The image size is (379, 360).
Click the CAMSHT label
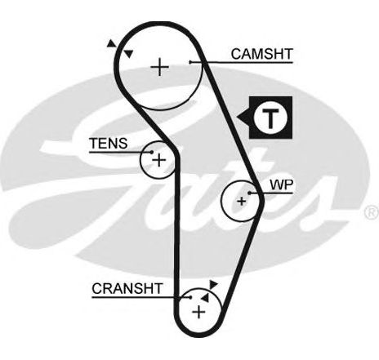[x=262, y=54]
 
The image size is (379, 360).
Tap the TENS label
[x=109, y=143]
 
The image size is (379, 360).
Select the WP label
[x=281, y=185]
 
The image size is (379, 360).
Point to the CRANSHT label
[x=127, y=289]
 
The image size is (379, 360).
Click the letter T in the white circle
[x=270, y=118]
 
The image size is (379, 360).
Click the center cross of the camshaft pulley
[x=159, y=67]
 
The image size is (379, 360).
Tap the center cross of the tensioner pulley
[x=159, y=160]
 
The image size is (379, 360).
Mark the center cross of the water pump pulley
[x=241, y=202]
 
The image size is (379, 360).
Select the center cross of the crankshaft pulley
[x=198, y=312]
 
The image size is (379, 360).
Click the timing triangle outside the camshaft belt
[x=111, y=44]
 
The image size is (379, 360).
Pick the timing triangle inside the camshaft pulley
[x=128, y=54]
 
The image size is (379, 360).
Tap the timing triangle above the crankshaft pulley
[x=213, y=284]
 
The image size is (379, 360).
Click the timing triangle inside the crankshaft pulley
[x=205, y=298]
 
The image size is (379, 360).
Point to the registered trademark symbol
[x=372, y=212]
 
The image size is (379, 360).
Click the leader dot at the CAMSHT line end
[x=190, y=62]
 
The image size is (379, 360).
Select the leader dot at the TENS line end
[x=152, y=152]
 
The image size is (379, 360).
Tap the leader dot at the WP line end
[x=249, y=193]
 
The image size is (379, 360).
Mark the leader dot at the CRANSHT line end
[x=190, y=297]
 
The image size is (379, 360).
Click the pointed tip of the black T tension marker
[x=237, y=118]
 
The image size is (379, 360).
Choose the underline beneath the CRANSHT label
[x=141, y=297]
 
